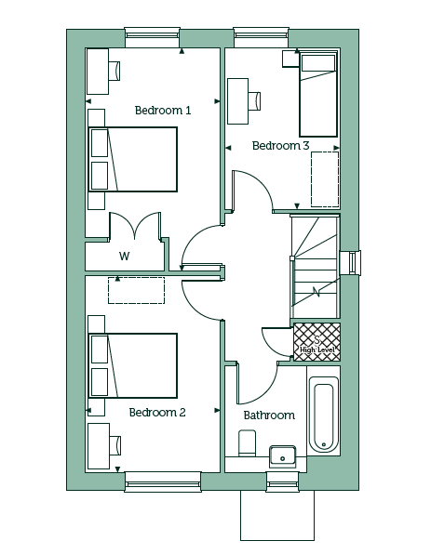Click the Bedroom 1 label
pyautogui.click(x=163, y=111)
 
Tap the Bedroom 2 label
pyautogui.click(x=157, y=413)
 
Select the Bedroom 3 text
pyautogui.click(x=280, y=146)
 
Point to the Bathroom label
pyautogui.click(x=269, y=415)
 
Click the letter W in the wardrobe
pyautogui.click(x=124, y=256)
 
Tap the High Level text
pyautogui.click(x=317, y=350)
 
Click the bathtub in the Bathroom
pyautogui.click(x=323, y=414)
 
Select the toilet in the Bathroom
pyautogui.click(x=248, y=442)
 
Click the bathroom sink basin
pyautogui.click(x=283, y=456)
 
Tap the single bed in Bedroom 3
pyautogui.click(x=318, y=94)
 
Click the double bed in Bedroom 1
pyautogui.click(x=133, y=159)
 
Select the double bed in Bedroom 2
pyautogui.click(x=133, y=365)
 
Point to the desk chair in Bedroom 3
pyautogui.click(x=254, y=101)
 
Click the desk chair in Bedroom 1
pyautogui.click(x=114, y=71)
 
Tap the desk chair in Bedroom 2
pyautogui.click(x=115, y=445)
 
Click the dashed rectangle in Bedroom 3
pyautogui.click(x=325, y=179)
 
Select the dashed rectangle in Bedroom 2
pyautogui.click(x=136, y=290)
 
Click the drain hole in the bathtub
pyautogui.click(x=323, y=444)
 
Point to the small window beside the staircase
pyautogui.click(x=351, y=262)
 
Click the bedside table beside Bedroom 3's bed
pyautogui.click(x=290, y=59)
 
